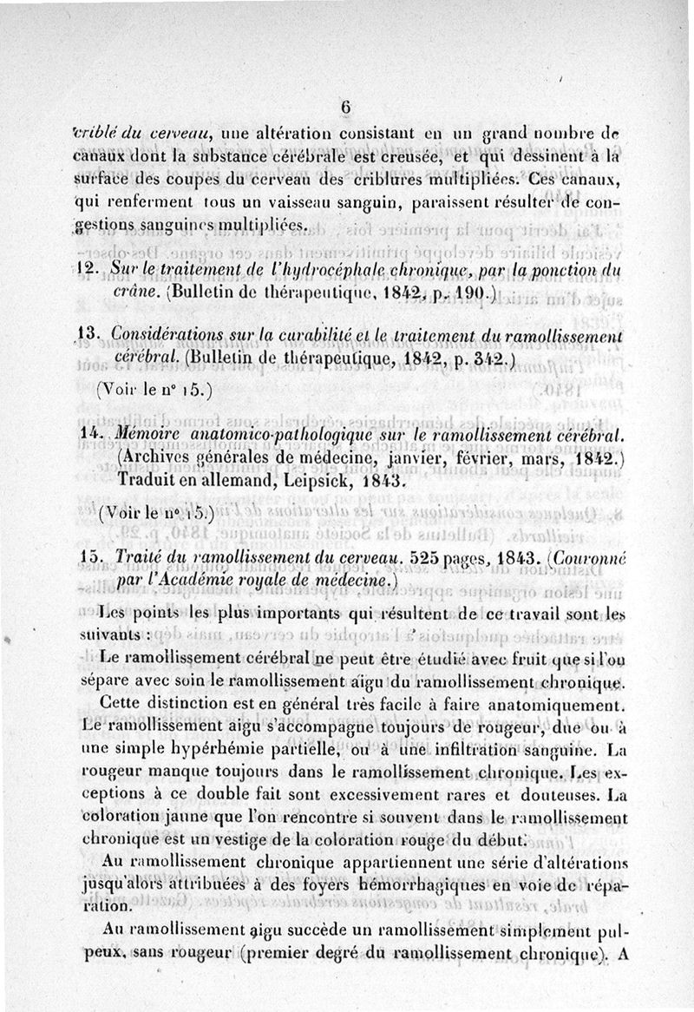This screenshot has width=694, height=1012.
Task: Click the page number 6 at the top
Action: click(344, 107)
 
